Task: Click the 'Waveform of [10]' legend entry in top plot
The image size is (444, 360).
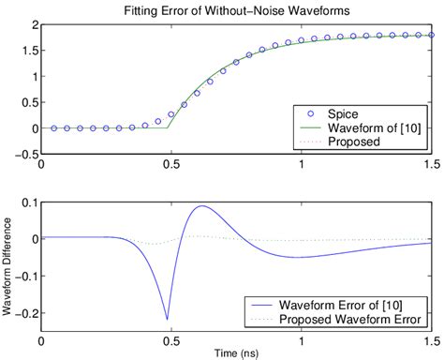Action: click(x=365, y=127)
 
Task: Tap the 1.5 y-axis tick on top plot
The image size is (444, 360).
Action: click(x=29, y=55)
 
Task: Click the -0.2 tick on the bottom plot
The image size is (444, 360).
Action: click(x=24, y=315)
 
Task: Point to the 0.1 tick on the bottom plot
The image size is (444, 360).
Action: click(x=27, y=202)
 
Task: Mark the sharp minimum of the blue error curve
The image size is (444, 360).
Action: click(x=168, y=320)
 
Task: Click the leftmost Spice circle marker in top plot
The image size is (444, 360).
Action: click(x=54, y=128)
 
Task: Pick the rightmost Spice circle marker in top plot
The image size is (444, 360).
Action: click(x=429, y=34)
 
